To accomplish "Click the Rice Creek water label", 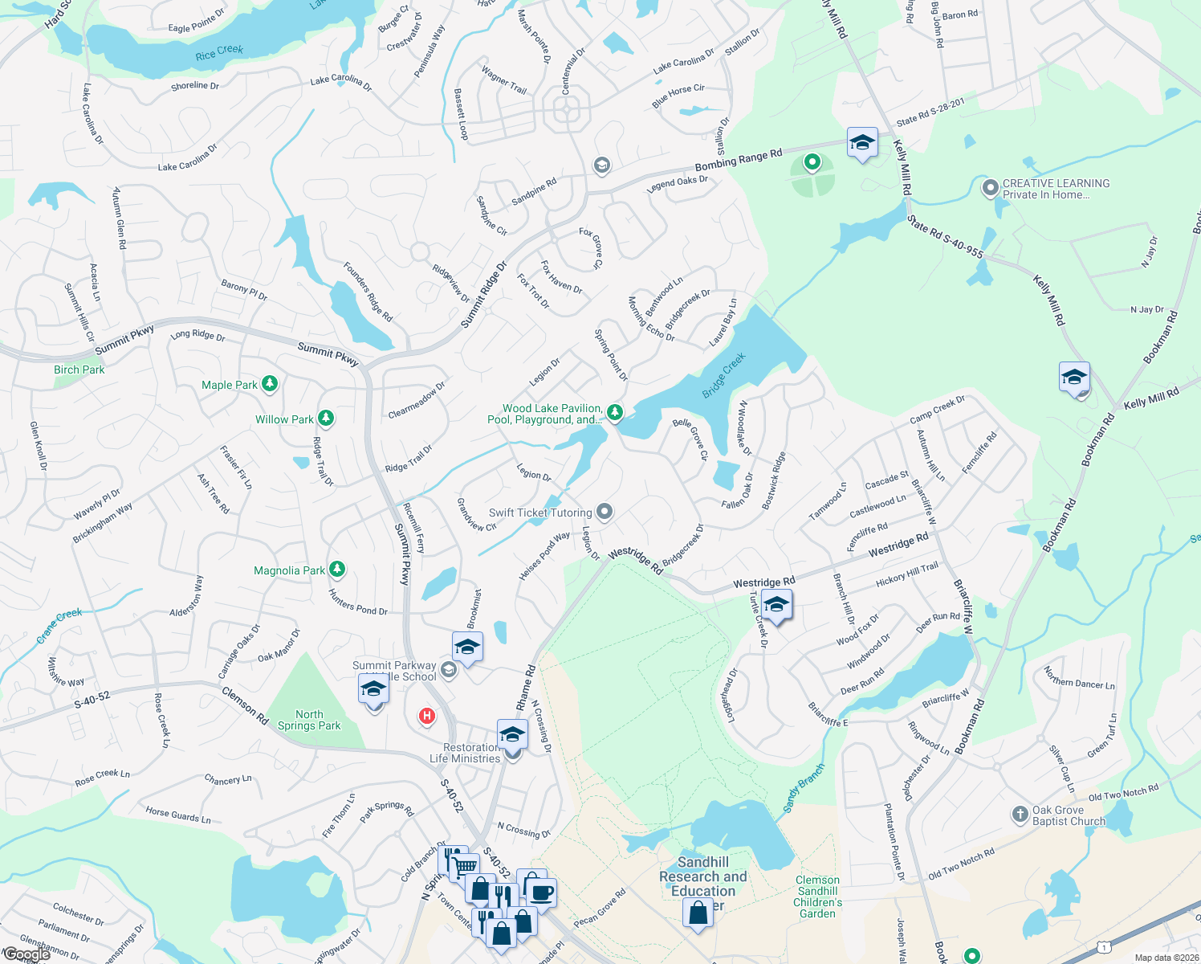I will (218, 52).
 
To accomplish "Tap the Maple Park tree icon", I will (270, 384).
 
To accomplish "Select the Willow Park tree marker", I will (325, 418).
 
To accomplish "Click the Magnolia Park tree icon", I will (337, 570).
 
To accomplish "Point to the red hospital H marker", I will (426, 716).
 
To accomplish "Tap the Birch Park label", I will (79, 370).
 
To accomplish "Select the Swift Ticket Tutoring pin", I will (605, 512).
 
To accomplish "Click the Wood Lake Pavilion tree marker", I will (615, 412).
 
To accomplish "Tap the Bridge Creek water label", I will (724, 374).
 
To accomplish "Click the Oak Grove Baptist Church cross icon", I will (1020, 815).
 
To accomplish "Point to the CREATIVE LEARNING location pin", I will (991, 188).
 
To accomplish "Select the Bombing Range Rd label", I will (738, 159).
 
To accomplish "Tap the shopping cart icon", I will (464, 866).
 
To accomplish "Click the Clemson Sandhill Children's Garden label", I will (817, 897).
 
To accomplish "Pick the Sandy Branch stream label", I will (803, 787).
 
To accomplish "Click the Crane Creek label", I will (59, 625).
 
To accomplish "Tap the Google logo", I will (26, 954).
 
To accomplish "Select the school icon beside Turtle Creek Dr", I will (776, 605).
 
